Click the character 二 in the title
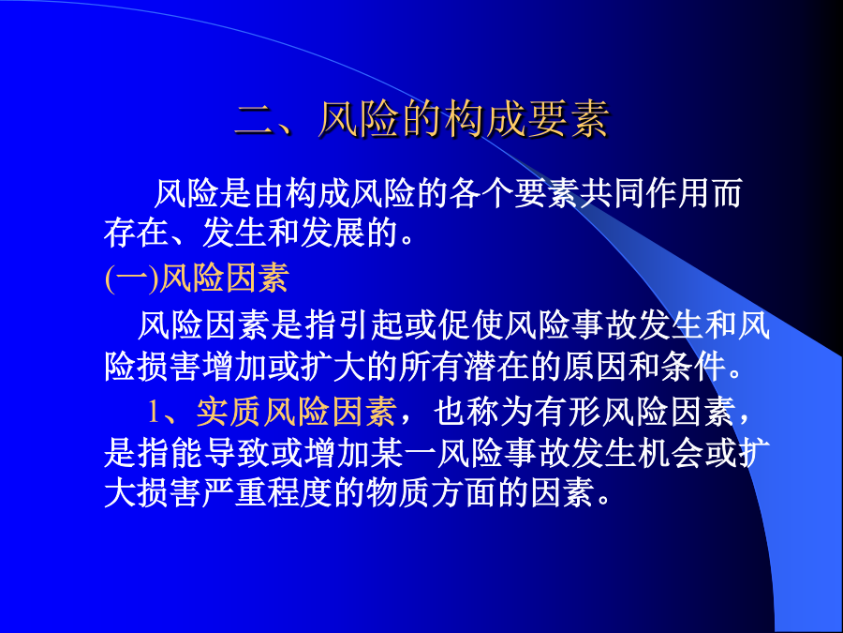click(x=255, y=119)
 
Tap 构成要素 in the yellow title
click(x=526, y=118)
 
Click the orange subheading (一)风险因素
click(x=197, y=278)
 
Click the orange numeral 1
click(x=154, y=413)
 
